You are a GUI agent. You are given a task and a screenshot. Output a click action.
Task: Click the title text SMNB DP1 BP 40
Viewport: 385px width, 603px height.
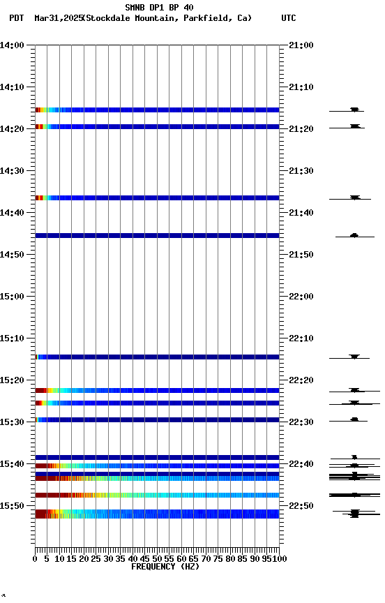[x=159, y=8]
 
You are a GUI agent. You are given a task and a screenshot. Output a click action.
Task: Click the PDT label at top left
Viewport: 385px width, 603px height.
[x=16, y=18]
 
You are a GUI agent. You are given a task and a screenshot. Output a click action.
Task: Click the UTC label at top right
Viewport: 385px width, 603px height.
[x=288, y=18]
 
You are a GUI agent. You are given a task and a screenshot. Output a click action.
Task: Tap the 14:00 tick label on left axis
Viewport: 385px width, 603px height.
[x=13, y=45]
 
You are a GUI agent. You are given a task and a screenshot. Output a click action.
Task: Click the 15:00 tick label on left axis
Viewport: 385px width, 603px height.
[x=13, y=297]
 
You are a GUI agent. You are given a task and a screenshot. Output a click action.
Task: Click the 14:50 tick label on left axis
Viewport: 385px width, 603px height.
[x=13, y=255]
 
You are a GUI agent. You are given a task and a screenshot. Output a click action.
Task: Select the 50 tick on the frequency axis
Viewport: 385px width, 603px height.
[x=157, y=558]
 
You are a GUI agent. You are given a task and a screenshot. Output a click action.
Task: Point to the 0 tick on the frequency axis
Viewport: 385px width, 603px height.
[x=35, y=558]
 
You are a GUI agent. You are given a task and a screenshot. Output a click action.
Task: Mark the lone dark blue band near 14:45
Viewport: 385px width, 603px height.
[x=157, y=236]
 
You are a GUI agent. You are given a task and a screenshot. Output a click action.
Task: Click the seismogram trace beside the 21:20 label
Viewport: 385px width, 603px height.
[x=354, y=126]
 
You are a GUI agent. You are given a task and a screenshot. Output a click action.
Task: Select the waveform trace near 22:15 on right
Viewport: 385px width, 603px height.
[x=354, y=357]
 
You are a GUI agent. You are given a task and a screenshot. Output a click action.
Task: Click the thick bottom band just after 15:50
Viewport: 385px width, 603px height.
[x=157, y=514]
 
